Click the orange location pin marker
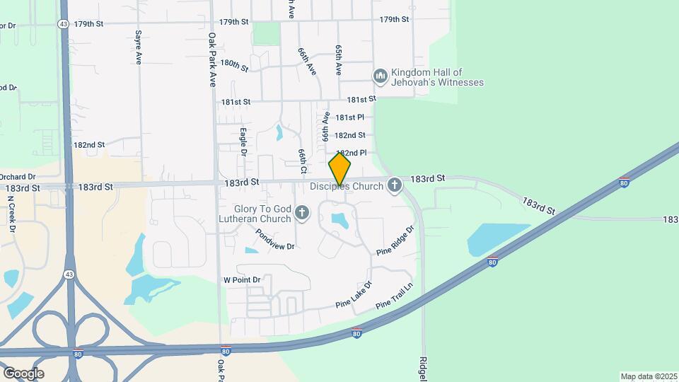tap(339, 170)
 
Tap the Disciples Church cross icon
tap(395, 186)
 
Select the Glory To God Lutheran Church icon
tap(302, 213)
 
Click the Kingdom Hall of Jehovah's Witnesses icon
tap(380, 76)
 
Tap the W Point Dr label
tap(242, 280)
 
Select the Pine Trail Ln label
tap(394, 296)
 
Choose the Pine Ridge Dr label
tap(395, 241)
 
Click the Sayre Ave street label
tap(138, 47)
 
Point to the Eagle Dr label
tap(243, 141)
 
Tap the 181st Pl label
tap(349, 117)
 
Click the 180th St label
tap(234, 65)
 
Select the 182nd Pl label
tap(352, 153)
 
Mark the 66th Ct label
tap(302, 161)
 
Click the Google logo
tap(23, 374)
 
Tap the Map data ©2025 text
tap(649, 376)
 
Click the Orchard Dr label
tap(17, 177)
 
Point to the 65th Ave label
tap(339, 60)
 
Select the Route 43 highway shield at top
tap(64, 23)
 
